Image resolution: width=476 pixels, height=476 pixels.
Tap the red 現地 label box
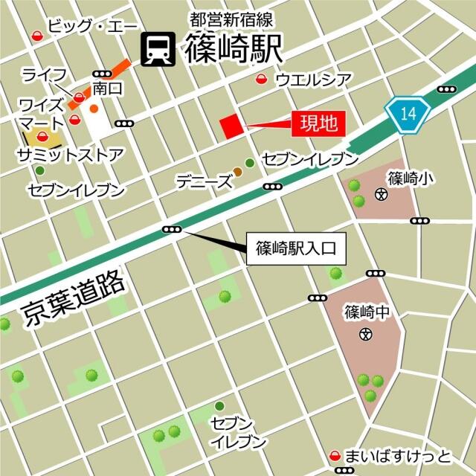coord(318,124)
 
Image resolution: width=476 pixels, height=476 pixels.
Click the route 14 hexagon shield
coord(408,115)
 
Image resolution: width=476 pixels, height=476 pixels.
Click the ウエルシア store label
coord(313,79)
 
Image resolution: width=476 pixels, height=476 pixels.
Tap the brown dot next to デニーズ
coord(237,173)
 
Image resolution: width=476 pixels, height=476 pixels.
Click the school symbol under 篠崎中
coord(365,334)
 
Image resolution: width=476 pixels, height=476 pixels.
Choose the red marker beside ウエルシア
coord(261,80)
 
